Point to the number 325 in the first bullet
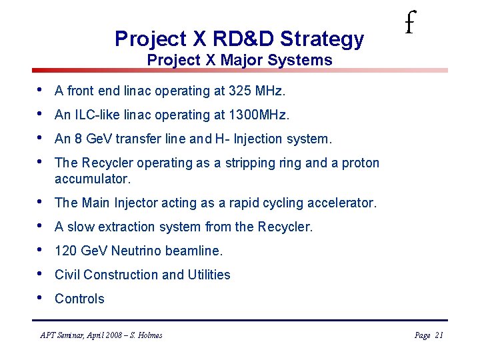(x=239, y=91)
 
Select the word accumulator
(x=93, y=179)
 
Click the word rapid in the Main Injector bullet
(x=247, y=203)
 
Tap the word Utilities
(x=209, y=275)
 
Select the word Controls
(x=79, y=299)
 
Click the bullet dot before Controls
(x=40, y=298)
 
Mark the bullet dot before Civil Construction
(x=40, y=274)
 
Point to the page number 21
(x=438, y=335)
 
